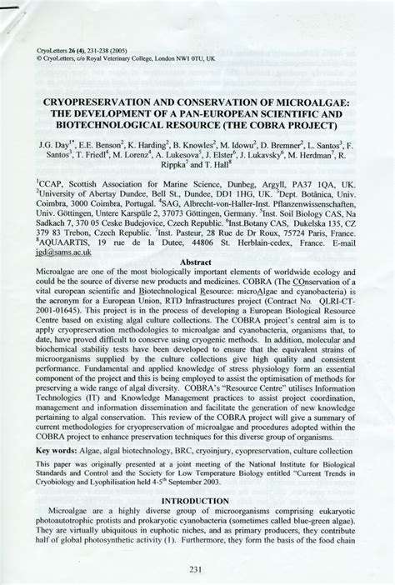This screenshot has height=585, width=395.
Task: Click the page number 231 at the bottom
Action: click(197, 570)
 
